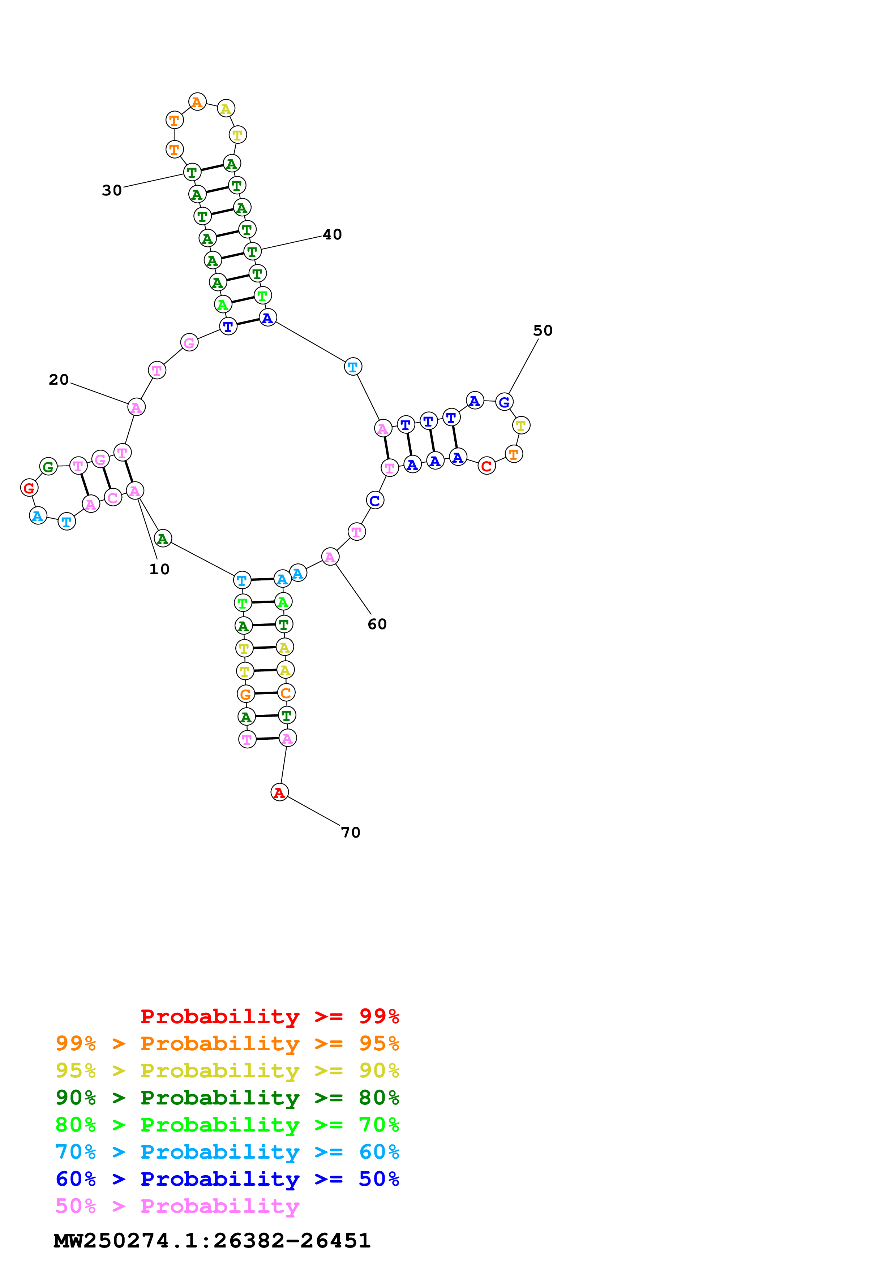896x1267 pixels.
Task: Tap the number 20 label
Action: tap(59, 380)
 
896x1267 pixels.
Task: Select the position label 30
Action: tap(112, 190)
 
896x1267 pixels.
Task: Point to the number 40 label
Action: tap(333, 234)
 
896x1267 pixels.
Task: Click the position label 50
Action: tap(543, 330)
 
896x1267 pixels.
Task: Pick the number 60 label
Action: tap(377, 624)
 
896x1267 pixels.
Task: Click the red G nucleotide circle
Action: tap(29, 488)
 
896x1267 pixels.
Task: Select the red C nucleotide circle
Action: tap(486, 466)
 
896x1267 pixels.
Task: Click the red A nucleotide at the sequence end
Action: tap(279, 792)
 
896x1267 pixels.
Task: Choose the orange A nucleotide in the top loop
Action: tap(197, 102)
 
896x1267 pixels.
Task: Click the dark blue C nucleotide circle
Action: tap(375, 501)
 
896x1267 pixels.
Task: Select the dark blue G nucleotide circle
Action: tap(504, 402)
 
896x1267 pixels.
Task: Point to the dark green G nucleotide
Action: tap(48, 467)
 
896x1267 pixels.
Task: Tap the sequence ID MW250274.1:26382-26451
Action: tap(212, 1241)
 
